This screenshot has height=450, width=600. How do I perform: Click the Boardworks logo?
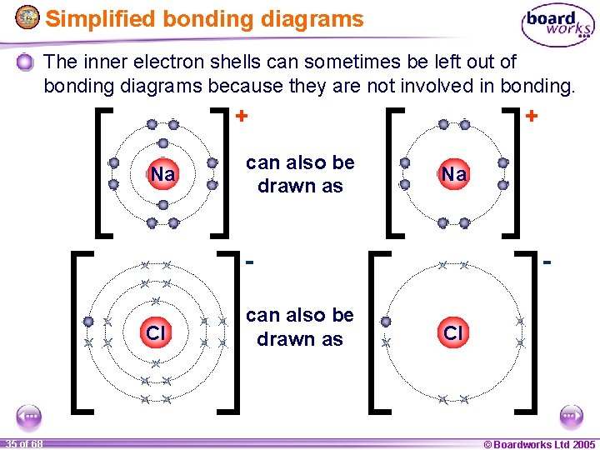[x=557, y=26]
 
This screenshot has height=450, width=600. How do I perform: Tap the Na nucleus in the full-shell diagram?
[x=162, y=174]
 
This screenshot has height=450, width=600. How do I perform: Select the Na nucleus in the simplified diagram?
[x=454, y=174]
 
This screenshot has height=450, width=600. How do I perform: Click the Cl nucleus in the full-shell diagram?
[x=156, y=333]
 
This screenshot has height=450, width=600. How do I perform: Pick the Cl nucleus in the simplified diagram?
[x=452, y=333]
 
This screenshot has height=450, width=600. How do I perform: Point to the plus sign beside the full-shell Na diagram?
[x=240, y=116]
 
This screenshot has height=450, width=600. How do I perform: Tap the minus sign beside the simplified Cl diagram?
[x=547, y=261]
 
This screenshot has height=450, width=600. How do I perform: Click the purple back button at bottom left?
[x=30, y=416]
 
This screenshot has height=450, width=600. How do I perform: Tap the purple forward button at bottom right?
[x=570, y=416]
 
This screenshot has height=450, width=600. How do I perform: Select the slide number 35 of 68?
[x=23, y=443]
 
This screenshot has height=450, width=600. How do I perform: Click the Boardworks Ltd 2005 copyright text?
[x=540, y=443]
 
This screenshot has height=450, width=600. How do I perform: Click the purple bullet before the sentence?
[x=26, y=62]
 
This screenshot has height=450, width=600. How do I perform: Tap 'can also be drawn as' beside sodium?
[x=300, y=174]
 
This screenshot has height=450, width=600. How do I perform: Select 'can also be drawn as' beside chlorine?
[x=300, y=327]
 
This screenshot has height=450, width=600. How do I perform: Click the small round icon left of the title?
[x=27, y=18]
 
